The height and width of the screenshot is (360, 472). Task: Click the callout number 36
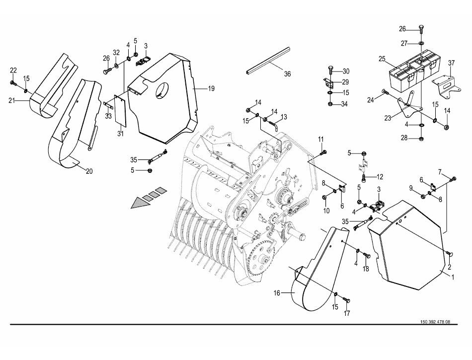(x=288, y=73)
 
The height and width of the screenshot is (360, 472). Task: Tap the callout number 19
(x=211, y=88)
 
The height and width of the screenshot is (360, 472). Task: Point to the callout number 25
(x=382, y=59)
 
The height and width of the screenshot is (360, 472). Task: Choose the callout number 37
(x=451, y=63)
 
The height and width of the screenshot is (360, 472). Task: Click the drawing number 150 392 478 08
(x=435, y=322)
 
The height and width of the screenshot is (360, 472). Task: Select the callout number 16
(x=277, y=292)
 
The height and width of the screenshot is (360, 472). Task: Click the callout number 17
(x=347, y=313)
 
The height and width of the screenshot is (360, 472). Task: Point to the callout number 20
(x=89, y=171)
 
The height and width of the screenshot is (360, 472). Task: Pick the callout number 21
(x=12, y=101)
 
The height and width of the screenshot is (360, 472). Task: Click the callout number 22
(x=13, y=71)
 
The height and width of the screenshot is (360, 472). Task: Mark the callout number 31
(x=120, y=134)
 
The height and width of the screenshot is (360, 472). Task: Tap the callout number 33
(x=108, y=116)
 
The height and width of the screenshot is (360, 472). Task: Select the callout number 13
(x=284, y=117)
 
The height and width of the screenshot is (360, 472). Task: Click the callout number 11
(x=321, y=139)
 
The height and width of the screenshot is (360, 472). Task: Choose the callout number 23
(x=388, y=118)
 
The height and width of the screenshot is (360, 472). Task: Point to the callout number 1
(x=453, y=277)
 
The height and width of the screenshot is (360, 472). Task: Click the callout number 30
(x=346, y=72)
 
